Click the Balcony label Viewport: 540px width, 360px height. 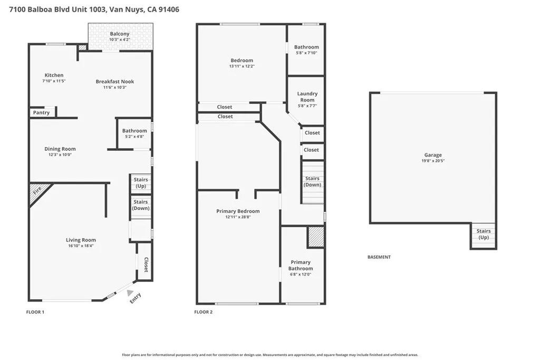pyautogui.click(x=120, y=34)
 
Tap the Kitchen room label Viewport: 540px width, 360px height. pyautogui.click(x=54, y=75)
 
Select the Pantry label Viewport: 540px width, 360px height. pyautogui.click(x=42, y=113)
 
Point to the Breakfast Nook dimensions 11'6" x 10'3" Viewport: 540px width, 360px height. pyautogui.click(x=115, y=87)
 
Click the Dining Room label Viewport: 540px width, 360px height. pyautogui.click(x=60, y=149)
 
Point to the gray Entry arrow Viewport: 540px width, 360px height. pyautogui.click(x=130, y=292)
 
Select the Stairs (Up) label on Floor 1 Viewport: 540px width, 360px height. pyautogui.click(x=141, y=183)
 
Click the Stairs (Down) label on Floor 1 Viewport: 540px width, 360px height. pyautogui.click(x=141, y=205)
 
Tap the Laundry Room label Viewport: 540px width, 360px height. pyautogui.click(x=307, y=97)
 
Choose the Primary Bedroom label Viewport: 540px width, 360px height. pyautogui.click(x=238, y=211)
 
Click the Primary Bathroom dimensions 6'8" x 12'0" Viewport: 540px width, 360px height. pyautogui.click(x=301, y=275)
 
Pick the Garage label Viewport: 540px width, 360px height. pyautogui.click(x=433, y=155)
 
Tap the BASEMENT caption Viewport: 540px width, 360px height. pyautogui.click(x=379, y=257)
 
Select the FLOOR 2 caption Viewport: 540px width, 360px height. pyautogui.click(x=203, y=312)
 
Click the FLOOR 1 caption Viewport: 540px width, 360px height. pyautogui.click(x=35, y=312)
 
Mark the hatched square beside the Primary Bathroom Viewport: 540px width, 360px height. pyautogui.click(x=315, y=237)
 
